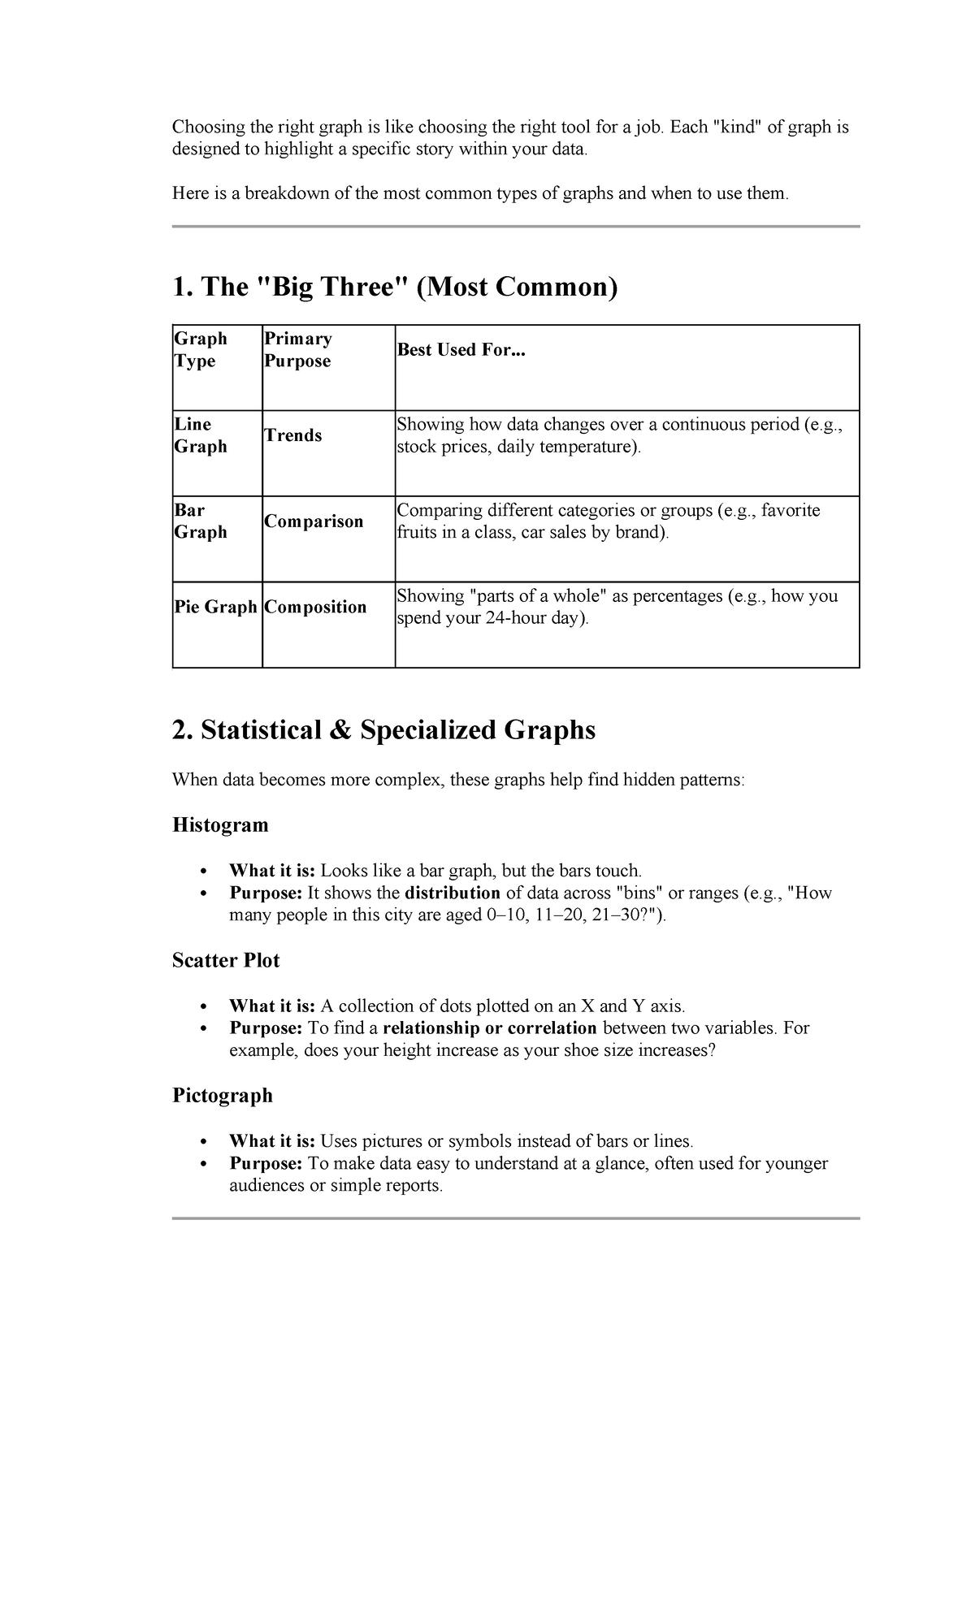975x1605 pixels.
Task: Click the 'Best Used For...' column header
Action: click(461, 350)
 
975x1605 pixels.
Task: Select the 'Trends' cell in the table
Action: click(293, 435)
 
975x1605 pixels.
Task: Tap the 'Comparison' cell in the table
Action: click(314, 521)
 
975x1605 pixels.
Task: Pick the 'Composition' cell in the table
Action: click(315, 607)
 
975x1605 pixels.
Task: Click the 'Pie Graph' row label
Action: click(215, 607)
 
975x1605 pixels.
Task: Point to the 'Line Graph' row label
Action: click(201, 435)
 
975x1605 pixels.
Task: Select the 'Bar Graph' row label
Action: click(201, 521)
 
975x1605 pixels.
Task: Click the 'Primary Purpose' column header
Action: click(297, 350)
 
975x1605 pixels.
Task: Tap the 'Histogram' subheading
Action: click(220, 825)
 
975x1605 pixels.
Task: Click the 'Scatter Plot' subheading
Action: click(226, 960)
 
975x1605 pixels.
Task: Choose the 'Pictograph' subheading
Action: click(223, 1096)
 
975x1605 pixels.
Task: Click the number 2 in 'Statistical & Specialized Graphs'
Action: click(179, 730)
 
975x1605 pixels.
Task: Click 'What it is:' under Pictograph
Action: click(271, 1141)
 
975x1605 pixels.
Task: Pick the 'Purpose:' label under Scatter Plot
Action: click(266, 1028)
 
